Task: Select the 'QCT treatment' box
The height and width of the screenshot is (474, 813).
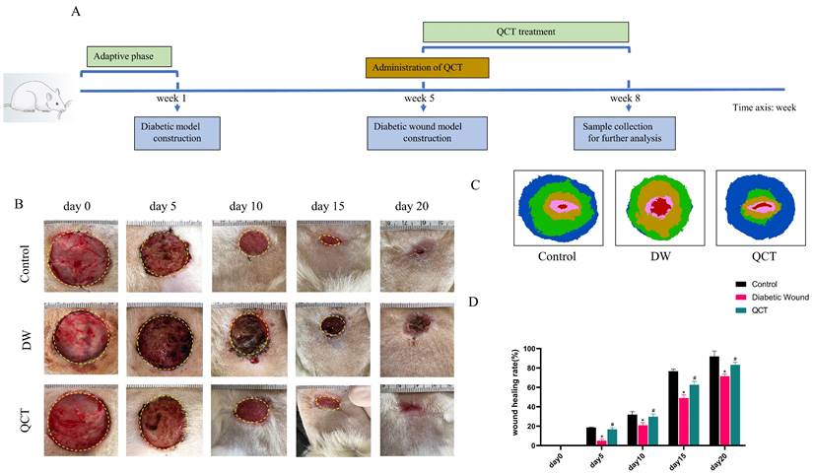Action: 525,32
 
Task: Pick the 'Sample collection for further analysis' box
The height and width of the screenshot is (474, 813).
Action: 625,133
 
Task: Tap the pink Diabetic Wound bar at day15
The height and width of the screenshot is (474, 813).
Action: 683,420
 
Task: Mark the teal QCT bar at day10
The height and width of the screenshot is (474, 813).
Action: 652,430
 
